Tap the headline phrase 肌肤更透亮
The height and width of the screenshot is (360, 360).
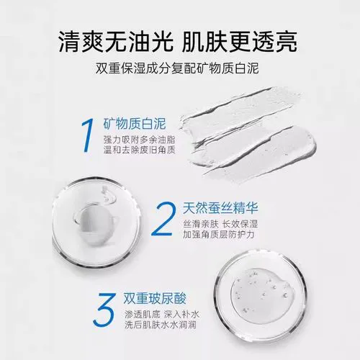[252, 37]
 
